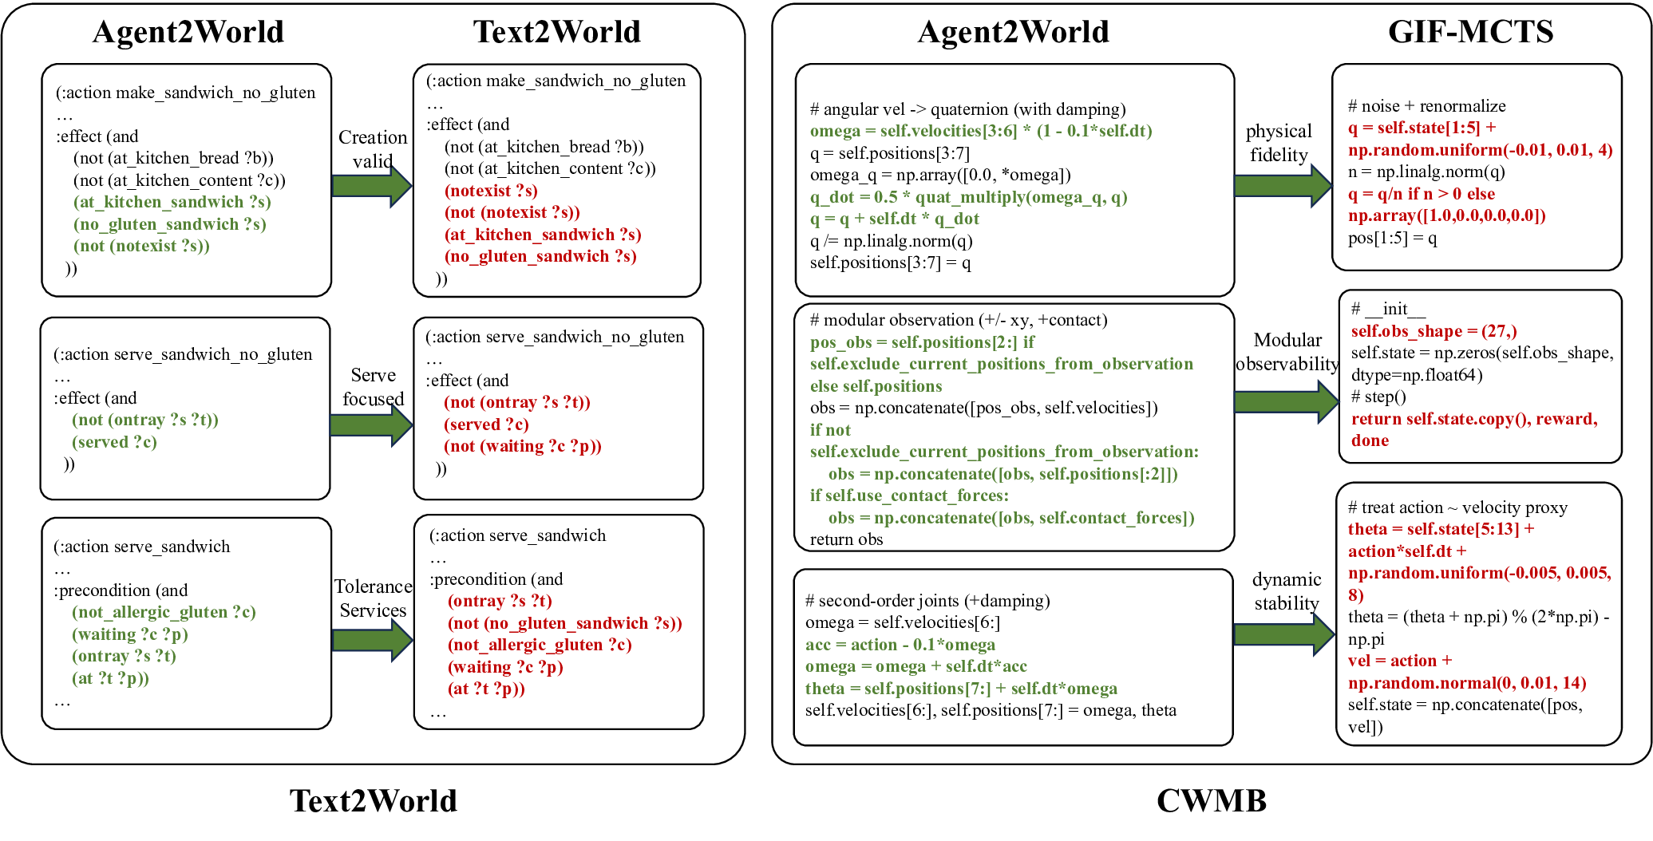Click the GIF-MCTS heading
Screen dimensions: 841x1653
(1470, 32)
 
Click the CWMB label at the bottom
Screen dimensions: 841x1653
(1211, 800)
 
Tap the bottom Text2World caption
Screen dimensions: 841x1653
(373, 800)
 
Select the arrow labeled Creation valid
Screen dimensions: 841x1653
(372, 186)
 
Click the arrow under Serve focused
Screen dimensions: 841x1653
(371, 424)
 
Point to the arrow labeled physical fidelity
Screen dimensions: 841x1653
(1282, 186)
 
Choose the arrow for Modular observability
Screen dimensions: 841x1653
(1286, 401)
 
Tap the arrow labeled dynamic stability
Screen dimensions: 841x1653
(1283, 634)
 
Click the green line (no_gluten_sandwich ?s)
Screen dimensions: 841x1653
(169, 224)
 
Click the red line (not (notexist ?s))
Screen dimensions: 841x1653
(512, 212)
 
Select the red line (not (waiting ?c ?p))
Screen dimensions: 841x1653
(522, 446)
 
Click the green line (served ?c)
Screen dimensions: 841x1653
(114, 442)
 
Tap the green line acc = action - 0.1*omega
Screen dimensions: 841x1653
(900, 645)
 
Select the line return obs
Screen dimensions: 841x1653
(846, 539)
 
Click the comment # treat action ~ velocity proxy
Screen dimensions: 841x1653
(1457, 507)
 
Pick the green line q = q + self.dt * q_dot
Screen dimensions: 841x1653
(894, 219)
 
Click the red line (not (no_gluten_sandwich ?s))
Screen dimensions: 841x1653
(564, 623)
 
